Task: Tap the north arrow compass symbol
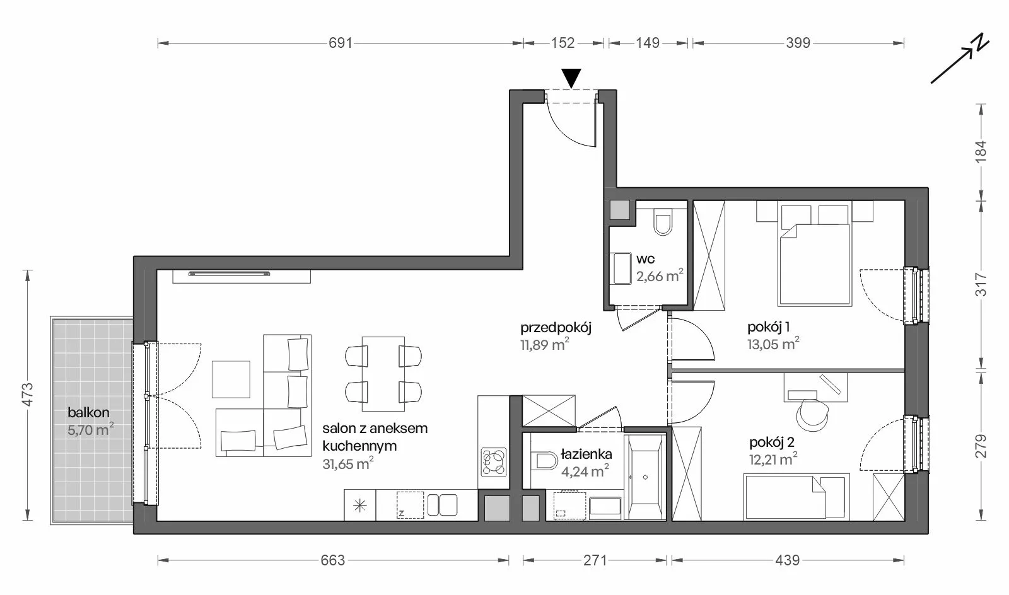(x=960, y=59)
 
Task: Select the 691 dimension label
(x=340, y=43)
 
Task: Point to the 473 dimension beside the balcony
(x=28, y=395)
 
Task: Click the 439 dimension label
(x=788, y=560)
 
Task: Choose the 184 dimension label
(x=981, y=152)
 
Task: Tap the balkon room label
(x=88, y=412)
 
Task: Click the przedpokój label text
(x=556, y=328)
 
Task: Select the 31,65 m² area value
(x=347, y=463)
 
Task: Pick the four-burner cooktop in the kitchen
(x=494, y=462)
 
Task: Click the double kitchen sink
(x=442, y=505)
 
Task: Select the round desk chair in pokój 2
(x=812, y=415)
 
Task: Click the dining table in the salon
(x=383, y=374)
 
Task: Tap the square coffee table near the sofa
(x=231, y=379)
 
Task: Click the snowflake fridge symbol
(x=360, y=505)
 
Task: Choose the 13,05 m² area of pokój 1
(x=773, y=344)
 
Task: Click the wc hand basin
(x=621, y=269)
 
